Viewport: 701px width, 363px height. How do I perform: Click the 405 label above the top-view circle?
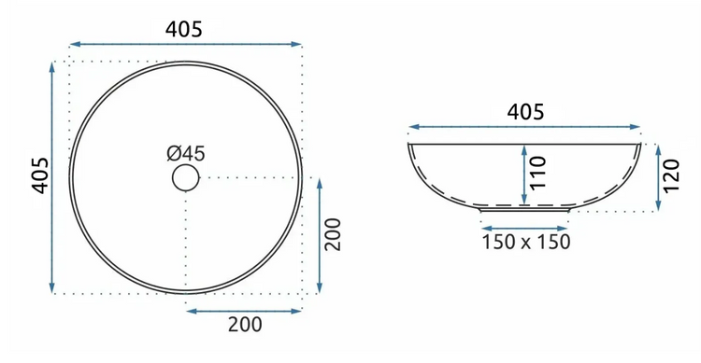(184, 30)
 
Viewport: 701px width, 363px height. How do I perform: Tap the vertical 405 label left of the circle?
(40, 175)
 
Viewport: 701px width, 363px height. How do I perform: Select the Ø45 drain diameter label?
(186, 154)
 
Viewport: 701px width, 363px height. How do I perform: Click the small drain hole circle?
(186, 177)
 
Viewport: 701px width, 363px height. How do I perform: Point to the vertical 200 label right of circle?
(333, 235)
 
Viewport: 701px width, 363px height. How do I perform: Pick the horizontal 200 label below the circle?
(245, 325)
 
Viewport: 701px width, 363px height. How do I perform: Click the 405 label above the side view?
(525, 112)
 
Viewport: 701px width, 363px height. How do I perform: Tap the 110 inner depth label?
(538, 173)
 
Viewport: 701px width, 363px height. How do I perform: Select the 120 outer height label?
(671, 176)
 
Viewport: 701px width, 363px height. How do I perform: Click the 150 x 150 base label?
(525, 242)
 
